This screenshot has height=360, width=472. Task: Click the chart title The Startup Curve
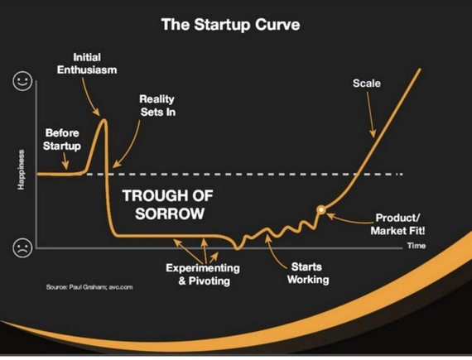(230, 24)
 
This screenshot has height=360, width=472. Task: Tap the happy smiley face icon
(22, 81)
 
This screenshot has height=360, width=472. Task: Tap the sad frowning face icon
(22, 247)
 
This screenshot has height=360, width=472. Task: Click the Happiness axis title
(21, 170)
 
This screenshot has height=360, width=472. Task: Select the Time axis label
(417, 246)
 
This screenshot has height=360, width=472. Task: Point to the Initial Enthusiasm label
(87, 64)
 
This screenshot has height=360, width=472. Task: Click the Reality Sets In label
(157, 106)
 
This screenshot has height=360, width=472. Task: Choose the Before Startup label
(62, 139)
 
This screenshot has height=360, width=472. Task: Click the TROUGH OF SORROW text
(168, 204)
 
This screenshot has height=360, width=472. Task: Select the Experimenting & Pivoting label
(203, 274)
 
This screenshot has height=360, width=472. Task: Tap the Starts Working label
(308, 273)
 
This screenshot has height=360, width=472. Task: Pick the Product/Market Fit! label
(397, 224)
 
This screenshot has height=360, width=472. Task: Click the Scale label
(367, 84)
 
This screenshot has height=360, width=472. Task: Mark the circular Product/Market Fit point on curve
(321, 209)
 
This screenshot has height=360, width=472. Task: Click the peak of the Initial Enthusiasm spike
(104, 120)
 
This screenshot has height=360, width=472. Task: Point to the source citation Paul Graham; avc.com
(89, 287)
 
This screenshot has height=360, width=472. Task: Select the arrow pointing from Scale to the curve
(371, 114)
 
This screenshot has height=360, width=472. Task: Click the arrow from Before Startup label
(65, 161)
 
